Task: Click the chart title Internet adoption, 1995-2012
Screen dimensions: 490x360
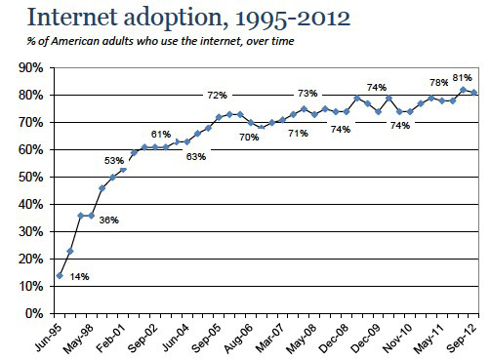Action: tap(188, 18)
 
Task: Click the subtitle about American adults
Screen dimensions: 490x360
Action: tap(160, 41)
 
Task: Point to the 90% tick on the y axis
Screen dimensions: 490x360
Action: tap(31, 68)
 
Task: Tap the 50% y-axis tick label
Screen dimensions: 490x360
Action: tap(31, 178)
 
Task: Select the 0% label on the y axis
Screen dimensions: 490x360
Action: tap(34, 314)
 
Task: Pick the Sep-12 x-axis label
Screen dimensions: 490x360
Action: tap(462, 339)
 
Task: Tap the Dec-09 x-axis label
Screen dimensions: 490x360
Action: tap(366, 339)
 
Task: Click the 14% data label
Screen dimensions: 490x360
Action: tap(79, 277)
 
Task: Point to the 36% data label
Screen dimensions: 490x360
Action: tap(109, 220)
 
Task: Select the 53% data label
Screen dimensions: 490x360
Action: tap(114, 161)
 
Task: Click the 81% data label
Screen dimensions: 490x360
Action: tap(462, 78)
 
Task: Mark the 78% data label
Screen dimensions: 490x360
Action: tap(439, 83)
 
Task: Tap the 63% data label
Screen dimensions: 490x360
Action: tap(196, 157)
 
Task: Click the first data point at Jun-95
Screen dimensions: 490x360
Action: tap(60, 276)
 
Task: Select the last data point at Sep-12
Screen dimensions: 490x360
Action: tap(474, 93)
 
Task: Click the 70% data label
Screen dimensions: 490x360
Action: tap(249, 138)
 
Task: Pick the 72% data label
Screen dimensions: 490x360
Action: tap(218, 96)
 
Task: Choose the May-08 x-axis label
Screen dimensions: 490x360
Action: tap(302, 339)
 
